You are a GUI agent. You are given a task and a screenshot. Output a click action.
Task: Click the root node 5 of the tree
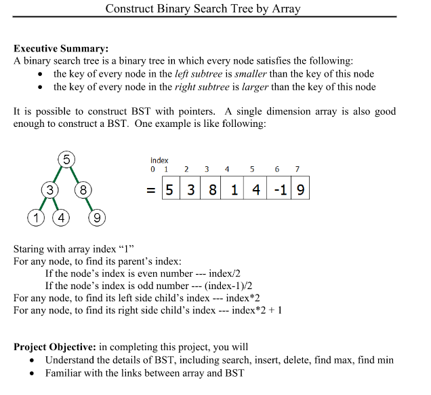point(66,160)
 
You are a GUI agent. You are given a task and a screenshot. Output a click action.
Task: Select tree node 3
point(49,190)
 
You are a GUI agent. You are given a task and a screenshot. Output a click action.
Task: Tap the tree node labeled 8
point(83,190)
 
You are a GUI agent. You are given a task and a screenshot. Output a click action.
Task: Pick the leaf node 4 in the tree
point(62,218)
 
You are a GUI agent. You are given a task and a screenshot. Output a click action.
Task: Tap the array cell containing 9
point(300,191)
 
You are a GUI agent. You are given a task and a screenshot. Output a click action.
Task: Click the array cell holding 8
point(213,191)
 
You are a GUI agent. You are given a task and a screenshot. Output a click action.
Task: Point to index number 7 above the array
point(297,168)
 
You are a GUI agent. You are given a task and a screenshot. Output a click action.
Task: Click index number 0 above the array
point(152,168)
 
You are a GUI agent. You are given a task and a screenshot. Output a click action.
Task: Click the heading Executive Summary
point(61,48)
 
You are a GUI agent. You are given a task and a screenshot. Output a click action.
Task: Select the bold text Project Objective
point(55,347)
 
